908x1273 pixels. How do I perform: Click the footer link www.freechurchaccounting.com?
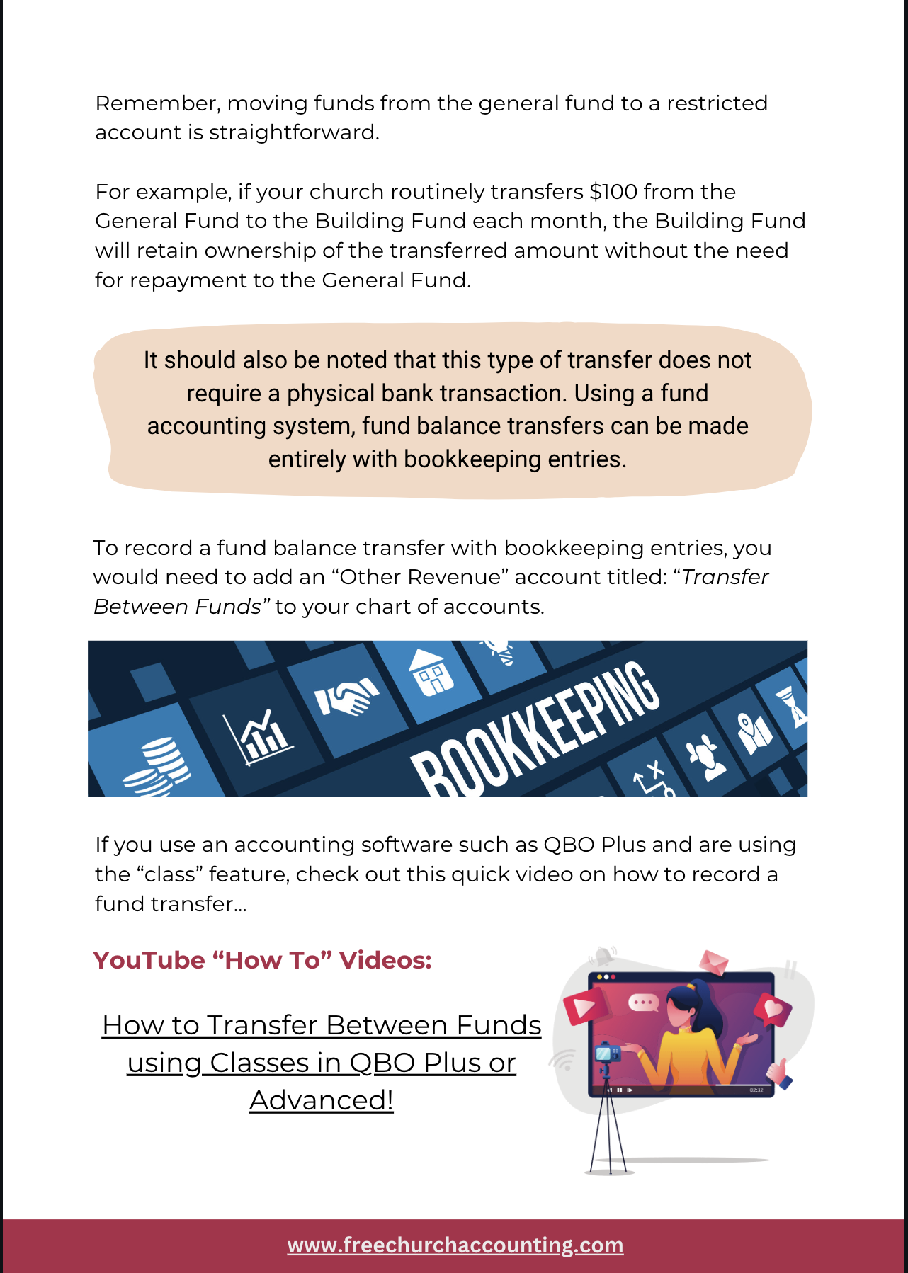(455, 1245)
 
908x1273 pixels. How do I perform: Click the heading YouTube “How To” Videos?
(262, 960)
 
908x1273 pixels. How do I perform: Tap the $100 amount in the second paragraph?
(613, 192)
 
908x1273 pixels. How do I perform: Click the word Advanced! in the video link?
(321, 1100)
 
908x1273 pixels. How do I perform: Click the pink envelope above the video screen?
(713, 962)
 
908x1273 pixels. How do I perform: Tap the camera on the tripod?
(608, 1054)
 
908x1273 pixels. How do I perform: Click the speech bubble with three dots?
(643, 1003)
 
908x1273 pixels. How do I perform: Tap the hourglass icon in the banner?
(792, 705)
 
